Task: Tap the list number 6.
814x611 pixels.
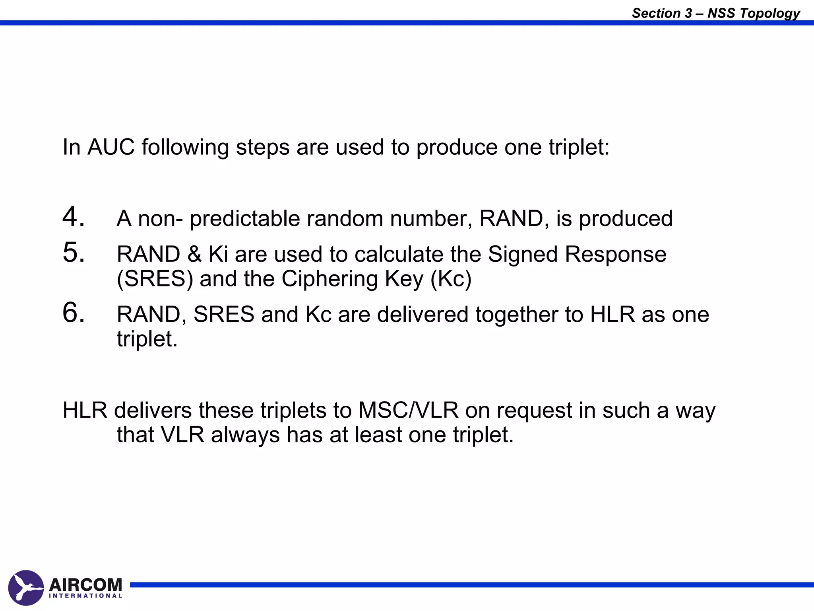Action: [x=73, y=312]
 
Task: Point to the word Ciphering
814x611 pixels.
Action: [x=329, y=279]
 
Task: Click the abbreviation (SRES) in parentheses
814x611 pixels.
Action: [x=155, y=279]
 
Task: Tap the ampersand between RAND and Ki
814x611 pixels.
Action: [x=194, y=254]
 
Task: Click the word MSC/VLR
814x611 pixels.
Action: [x=408, y=411]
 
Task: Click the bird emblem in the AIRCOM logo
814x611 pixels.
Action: [x=26, y=588]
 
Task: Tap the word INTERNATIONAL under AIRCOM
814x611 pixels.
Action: [x=85, y=596]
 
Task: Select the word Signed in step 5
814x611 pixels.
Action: [x=523, y=254]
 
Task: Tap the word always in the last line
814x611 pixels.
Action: [x=245, y=435]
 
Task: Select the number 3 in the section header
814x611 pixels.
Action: [x=688, y=14]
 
